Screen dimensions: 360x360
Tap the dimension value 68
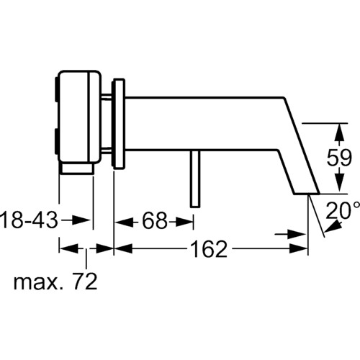coord(155,221)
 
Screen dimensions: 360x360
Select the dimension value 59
coord(339,158)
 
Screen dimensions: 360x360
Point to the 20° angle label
coord(343,211)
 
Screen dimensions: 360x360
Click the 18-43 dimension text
coord(30,220)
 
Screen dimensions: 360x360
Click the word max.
coord(40,283)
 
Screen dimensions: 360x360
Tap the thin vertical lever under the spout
coord(195,179)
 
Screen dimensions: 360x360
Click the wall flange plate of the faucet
coord(118,124)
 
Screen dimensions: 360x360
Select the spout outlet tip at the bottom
coord(307,193)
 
